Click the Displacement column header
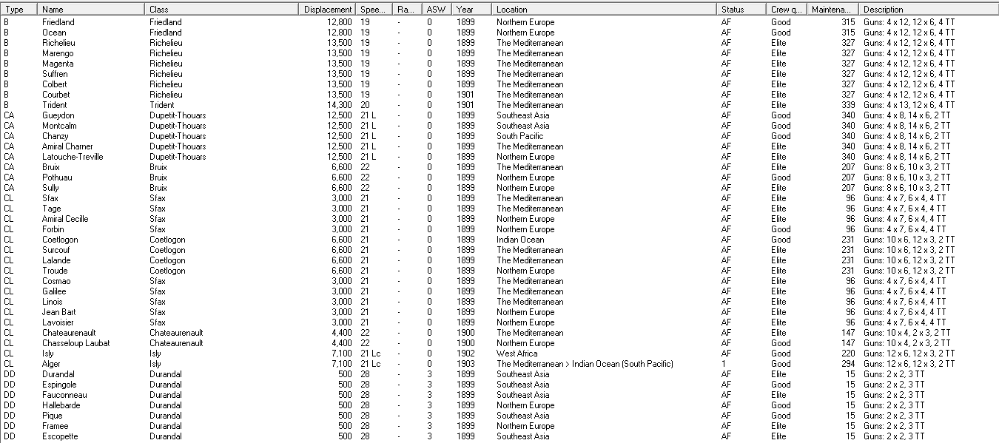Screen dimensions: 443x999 [x=328, y=10]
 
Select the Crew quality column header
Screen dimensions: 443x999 [x=785, y=10]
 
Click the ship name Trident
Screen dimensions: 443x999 [x=55, y=105]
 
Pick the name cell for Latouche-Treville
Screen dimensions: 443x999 [x=73, y=157]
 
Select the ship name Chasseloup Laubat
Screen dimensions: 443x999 [x=75, y=343]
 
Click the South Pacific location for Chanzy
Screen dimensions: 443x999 [x=519, y=136]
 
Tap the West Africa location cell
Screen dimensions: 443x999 [x=517, y=354]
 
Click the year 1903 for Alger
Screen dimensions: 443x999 [x=465, y=364]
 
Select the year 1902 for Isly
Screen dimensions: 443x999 [x=465, y=354]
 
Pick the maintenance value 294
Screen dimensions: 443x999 [x=848, y=364]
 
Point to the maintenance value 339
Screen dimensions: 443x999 [x=848, y=105]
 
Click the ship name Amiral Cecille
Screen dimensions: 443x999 [x=65, y=219]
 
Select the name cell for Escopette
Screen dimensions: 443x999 [x=60, y=436]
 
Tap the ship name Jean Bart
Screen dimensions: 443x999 [x=58, y=312]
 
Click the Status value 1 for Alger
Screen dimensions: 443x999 [x=724, y=364]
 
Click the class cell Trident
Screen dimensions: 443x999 [x=162, y=105]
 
